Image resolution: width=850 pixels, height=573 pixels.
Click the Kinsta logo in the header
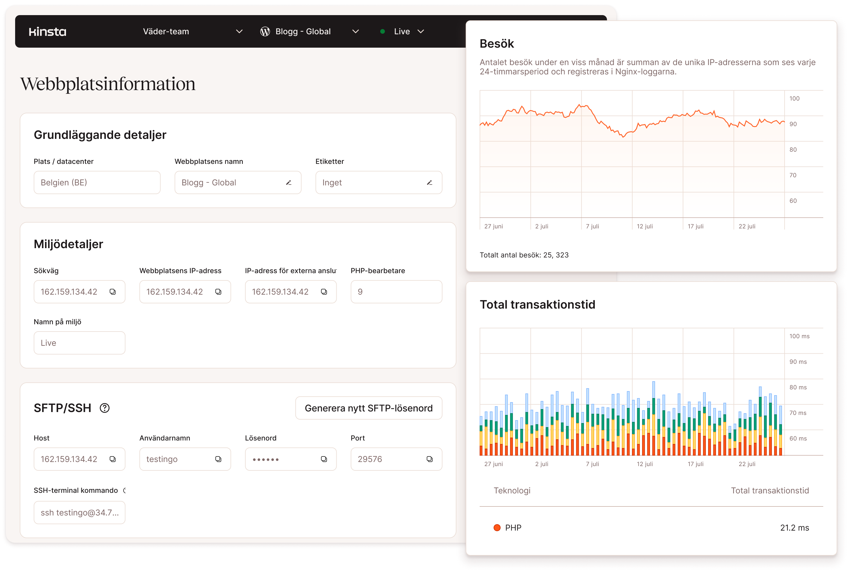coord(47,32)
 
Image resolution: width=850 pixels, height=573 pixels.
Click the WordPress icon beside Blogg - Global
coord(265,32)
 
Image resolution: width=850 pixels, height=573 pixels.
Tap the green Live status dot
coord(382,32)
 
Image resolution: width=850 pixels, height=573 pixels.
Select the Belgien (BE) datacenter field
coord(97,182)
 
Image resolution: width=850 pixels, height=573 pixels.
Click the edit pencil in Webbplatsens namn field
coord(288,182)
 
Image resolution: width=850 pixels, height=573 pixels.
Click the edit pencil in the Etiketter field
coord(429,182)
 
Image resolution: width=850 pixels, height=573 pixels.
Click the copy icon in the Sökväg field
coord(112,292)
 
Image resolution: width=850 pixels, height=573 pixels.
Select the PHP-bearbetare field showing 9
coord(396,292)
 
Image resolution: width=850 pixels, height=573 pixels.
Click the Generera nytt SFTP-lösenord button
coord(369,408)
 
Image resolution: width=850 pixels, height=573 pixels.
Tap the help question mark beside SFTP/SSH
coord(105,408)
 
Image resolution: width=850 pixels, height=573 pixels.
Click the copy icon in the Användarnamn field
coord(218,459)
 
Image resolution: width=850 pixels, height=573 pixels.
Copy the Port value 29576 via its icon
coord(430,459)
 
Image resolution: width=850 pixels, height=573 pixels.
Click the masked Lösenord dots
coord(266,459)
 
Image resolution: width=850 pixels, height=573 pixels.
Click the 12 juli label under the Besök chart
coord(644,226)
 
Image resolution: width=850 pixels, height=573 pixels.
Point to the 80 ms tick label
coord(798,387)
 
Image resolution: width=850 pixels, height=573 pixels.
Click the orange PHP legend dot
coord(497,527)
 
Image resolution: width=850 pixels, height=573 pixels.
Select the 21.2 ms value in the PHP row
coord(794,527)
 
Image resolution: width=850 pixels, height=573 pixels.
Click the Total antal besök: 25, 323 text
coord(524,255)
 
